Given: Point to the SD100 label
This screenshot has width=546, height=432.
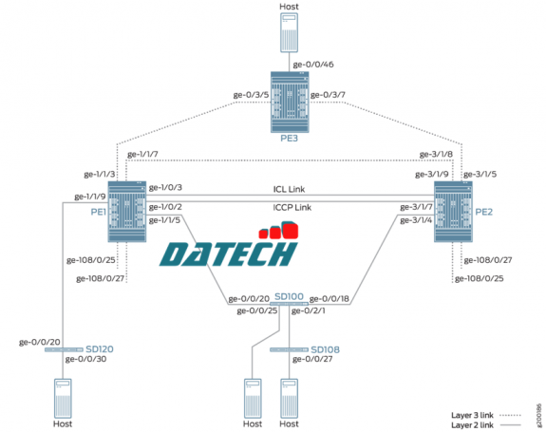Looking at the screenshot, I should pyautogui.click(x=290, y=297).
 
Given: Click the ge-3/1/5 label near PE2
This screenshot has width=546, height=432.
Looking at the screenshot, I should pyautogui.click(x=480, y=174).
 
